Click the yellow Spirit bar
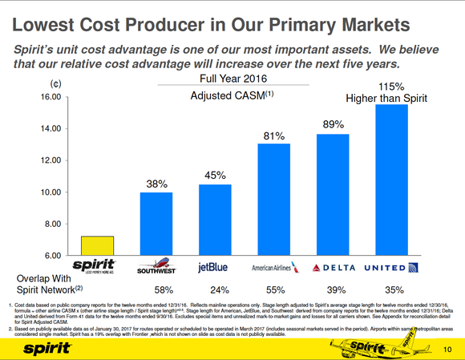(x=104, y=245)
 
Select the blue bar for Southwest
(x=156, y=224)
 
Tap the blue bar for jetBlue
(x=214, y=220)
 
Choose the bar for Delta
(x=333, y=194)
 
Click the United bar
(x=390, y=180)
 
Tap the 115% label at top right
(x=390, y=86)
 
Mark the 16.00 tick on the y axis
(x=51, y=97)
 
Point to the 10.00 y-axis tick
(x=51, y=192)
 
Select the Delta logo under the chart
(x=332, y=267)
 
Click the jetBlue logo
(x=214, y=267)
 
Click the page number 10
(x=447, y=347)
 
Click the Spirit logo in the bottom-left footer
(x=39, y=347)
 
